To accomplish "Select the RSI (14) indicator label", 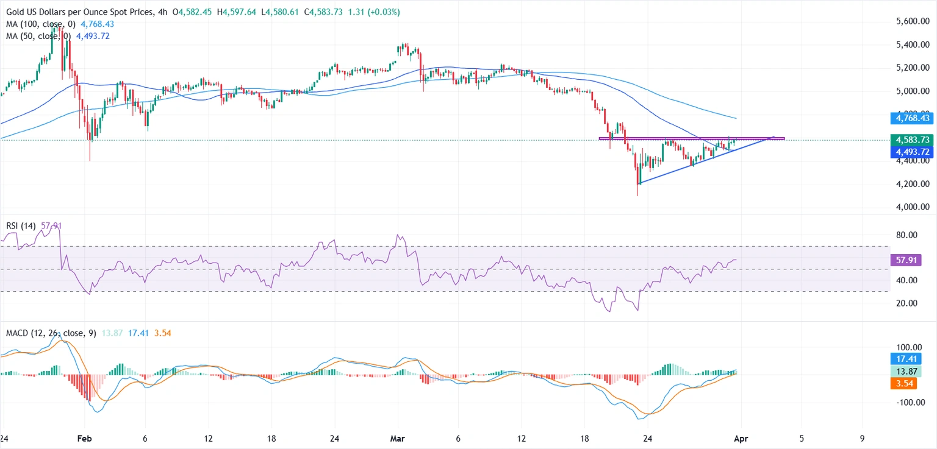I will [x=20, y=225].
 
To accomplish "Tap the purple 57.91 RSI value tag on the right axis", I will [x=905, y=260].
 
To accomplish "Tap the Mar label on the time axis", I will [x=398, y=438].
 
